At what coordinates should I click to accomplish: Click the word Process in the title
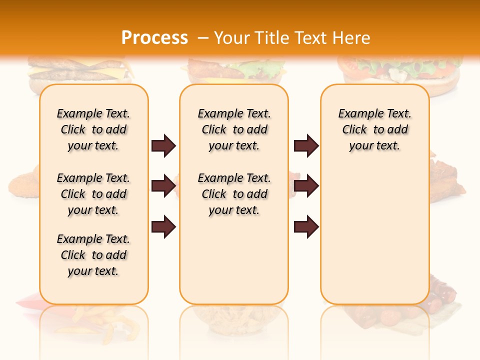click(x=154, y=38)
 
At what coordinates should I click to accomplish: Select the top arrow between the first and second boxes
click(x=163, y=146)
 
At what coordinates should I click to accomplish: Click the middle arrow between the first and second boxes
click(x=163, y=186)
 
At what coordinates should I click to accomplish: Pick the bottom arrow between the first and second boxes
click(x=163, y=227)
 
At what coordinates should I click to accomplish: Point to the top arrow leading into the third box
click(x=306, y=146)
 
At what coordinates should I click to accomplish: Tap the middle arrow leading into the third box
click(x=306, y=186)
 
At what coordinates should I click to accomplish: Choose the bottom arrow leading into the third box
click(x=306, y=227)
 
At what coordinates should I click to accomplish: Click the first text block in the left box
click(x=93, y=129)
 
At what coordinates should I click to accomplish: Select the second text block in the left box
click(x=93, y=194)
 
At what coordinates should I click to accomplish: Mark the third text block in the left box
click(x=93, y=255)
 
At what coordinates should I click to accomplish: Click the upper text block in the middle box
click(x=234, y=129)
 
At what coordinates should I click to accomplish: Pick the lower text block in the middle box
click(x=234, y=194)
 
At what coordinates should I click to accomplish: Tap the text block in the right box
click(x=374, y=129)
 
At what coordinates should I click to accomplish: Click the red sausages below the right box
click(x=440, y=300)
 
